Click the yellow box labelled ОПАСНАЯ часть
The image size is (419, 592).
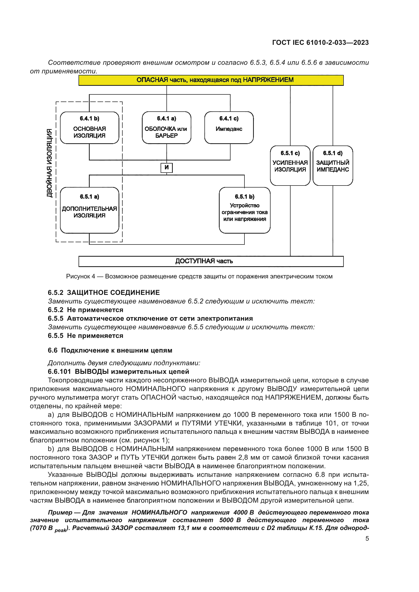[211, 80]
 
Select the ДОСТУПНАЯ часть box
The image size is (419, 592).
[211, 261]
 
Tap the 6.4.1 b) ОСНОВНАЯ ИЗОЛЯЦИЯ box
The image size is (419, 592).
[89, 128]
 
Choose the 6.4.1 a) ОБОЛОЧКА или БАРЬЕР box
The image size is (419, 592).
[166, 128]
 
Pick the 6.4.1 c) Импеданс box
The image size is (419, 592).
[229, 128]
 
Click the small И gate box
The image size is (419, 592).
[166, 168]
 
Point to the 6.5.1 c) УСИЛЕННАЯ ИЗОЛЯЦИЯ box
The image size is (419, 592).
[290, 165]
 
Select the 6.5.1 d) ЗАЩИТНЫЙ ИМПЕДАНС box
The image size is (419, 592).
[333, 165]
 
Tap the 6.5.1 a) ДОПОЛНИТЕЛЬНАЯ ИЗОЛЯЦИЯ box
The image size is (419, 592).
[89, 210]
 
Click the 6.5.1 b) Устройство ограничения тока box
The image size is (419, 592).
[245, 210]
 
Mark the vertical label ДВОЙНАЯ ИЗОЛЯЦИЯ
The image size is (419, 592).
[49, 163]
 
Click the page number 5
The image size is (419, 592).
[367, 539]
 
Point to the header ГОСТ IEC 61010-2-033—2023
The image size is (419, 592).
[320, 43]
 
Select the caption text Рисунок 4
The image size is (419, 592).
[81, 276]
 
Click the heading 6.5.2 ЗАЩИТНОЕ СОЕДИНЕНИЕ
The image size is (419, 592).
[104, 293]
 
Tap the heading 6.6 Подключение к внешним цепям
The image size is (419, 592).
[110, 350]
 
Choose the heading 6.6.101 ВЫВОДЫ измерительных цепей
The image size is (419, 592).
[118, 372]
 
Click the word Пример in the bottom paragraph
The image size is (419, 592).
[60, 512]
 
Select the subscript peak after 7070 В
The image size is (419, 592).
[60, 530]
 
